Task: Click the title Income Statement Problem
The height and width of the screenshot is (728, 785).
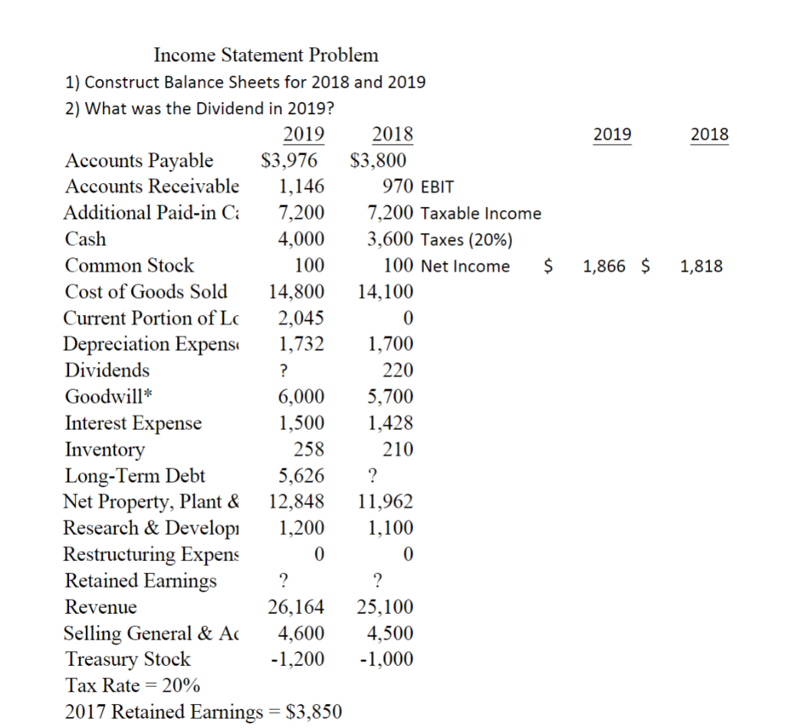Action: tap(265, 55)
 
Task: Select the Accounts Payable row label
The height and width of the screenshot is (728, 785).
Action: tap(140, 161)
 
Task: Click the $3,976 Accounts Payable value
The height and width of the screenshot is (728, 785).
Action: tap(289, 161)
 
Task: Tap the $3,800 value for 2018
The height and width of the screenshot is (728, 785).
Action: tap(378, 161)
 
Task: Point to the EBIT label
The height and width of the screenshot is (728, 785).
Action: tap(438, 187)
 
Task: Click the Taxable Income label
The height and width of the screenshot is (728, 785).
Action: tap(481, 214)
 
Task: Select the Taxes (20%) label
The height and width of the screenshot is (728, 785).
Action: tap(466, 240)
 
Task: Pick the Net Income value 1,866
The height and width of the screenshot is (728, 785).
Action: tap(604, 267)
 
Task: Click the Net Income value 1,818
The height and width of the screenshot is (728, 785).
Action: tap(701, 267)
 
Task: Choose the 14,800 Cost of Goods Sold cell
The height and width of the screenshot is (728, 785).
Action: tap(296, 292)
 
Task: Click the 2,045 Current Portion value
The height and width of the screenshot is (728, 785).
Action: tap(302, 318)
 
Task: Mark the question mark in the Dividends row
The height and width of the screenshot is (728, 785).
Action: tap(283, 371)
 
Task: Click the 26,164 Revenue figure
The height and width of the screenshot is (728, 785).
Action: tap(296, 608)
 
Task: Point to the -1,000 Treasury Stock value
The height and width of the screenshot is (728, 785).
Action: tap(386, 659)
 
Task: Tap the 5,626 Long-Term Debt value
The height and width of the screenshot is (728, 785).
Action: tap(302, 476)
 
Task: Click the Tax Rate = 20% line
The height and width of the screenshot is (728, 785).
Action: tap(133, 685)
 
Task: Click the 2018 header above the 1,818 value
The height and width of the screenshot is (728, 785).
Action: tap(709, 135)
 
